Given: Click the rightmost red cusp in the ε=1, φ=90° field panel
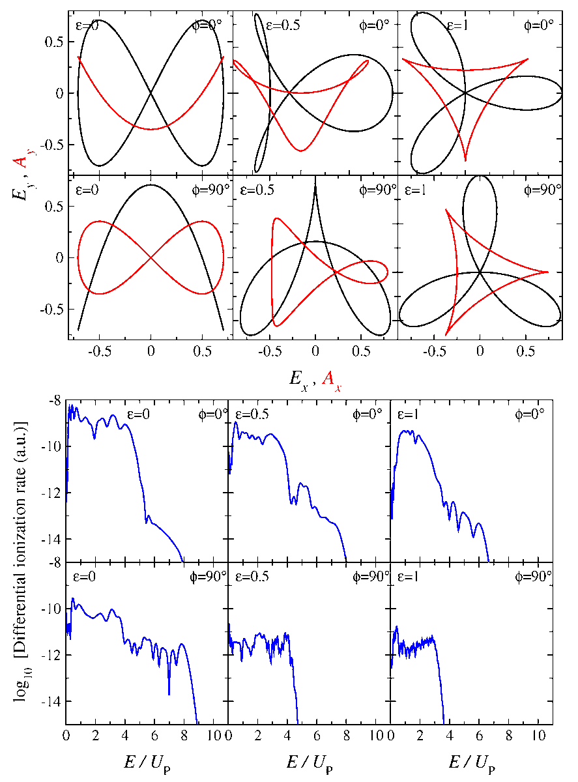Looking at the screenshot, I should pos(548,272).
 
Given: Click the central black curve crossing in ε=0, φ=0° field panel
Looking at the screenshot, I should pos(151,93).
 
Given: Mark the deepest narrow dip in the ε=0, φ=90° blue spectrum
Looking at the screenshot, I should pos(169,694).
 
